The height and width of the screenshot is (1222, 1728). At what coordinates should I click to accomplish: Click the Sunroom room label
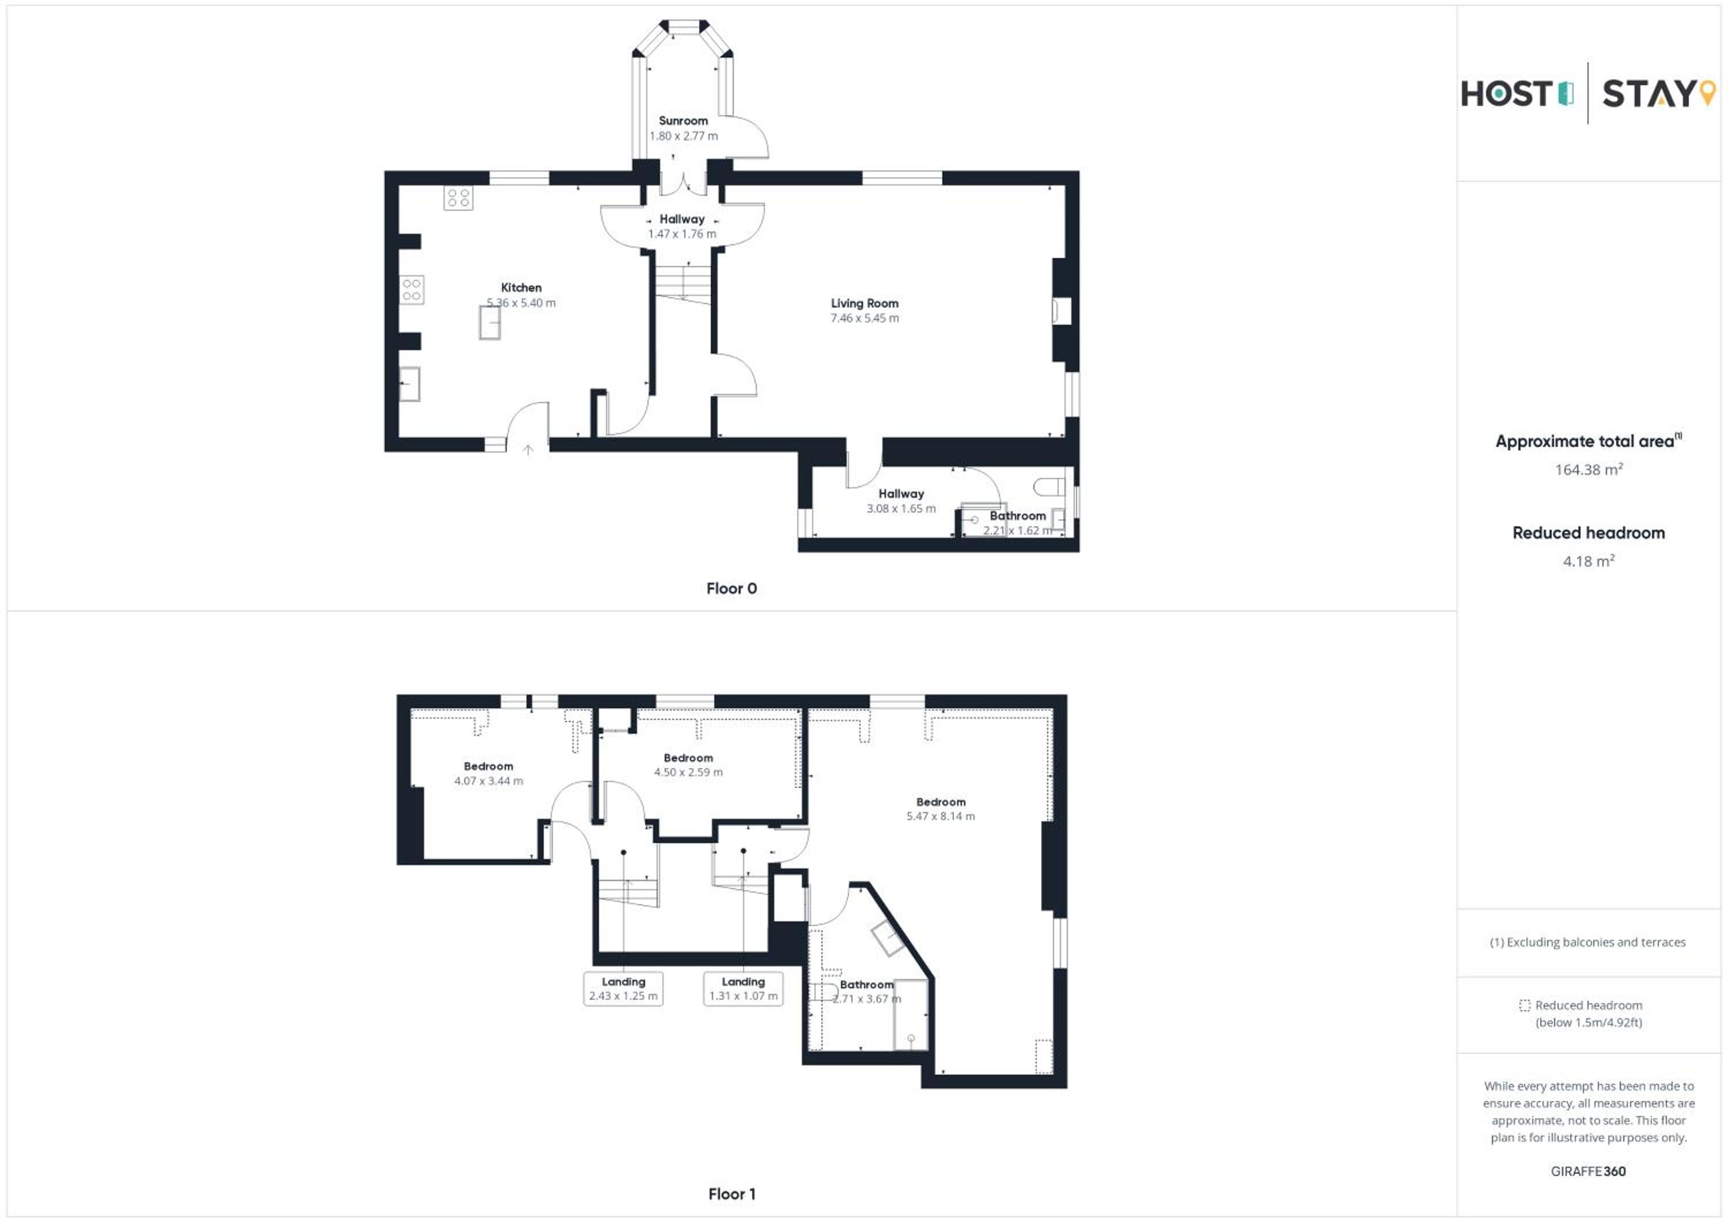(683, 120)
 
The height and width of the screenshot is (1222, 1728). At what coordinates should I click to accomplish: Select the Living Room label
(865, 303)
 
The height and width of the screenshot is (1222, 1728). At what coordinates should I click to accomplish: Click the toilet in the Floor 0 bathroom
(1049, 487)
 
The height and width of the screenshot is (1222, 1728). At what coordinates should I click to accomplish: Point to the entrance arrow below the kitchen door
(528, 450)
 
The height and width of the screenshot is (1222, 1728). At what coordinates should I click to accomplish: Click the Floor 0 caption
(732, 589)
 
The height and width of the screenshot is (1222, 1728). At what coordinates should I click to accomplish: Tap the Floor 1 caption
(732, 1193)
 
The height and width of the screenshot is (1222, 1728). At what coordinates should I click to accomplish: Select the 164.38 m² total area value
(1588, 469)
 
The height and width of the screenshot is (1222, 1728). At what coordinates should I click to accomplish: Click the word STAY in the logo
(1648, 94)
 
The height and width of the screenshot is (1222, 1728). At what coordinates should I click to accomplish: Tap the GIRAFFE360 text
(1588, 1171)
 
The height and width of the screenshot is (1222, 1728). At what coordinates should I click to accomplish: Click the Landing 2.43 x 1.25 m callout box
(623, 989)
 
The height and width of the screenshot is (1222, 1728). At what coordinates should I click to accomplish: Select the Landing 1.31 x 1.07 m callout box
(743, 989)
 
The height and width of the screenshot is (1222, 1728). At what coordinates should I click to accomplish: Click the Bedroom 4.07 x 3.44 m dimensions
(488, 781)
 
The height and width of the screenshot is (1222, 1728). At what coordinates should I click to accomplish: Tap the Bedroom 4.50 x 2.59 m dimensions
(688, 772)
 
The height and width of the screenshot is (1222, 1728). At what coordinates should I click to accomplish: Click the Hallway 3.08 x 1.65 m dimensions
(901, 508)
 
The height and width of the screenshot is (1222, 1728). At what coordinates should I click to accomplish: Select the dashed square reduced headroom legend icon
(1524, 1005)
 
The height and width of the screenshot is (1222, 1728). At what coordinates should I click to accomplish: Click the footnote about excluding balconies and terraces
(1588, 942)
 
